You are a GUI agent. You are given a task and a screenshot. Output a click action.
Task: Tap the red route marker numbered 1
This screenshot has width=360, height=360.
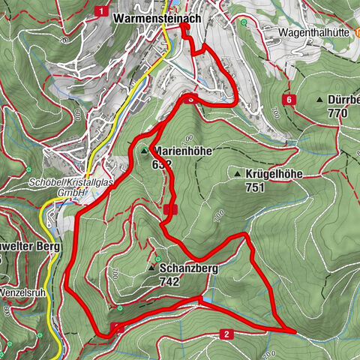(x=100, y=10)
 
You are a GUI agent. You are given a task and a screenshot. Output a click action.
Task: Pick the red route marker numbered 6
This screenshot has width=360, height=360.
(x=289, y=99)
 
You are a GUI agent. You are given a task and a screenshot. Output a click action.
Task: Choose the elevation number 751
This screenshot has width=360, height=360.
(x=256, y=187)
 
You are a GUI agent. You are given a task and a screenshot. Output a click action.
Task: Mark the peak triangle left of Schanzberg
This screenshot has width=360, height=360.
(x=151, y=268)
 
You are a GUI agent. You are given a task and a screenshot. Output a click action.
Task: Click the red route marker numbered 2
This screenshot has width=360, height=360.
(x=224, y=334)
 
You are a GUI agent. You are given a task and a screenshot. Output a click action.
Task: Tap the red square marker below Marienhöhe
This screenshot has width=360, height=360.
(x=170, y=210)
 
